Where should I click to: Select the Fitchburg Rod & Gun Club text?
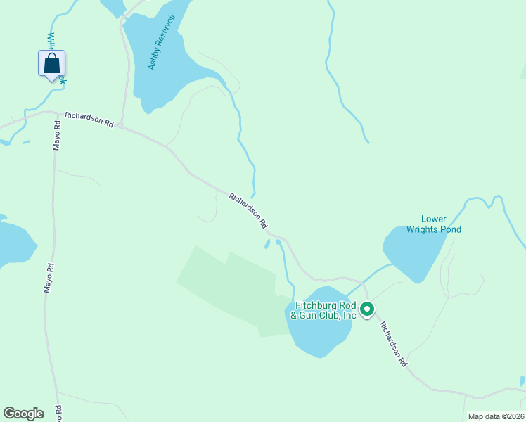(324, 310)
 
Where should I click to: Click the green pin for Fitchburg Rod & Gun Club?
(366, 309)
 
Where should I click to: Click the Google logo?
(23, 414)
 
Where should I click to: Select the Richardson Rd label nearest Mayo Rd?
(89, 119)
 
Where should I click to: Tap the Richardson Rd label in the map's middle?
(248, 210)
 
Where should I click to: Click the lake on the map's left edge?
(14, 243)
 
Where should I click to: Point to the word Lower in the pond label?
(434, 219)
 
